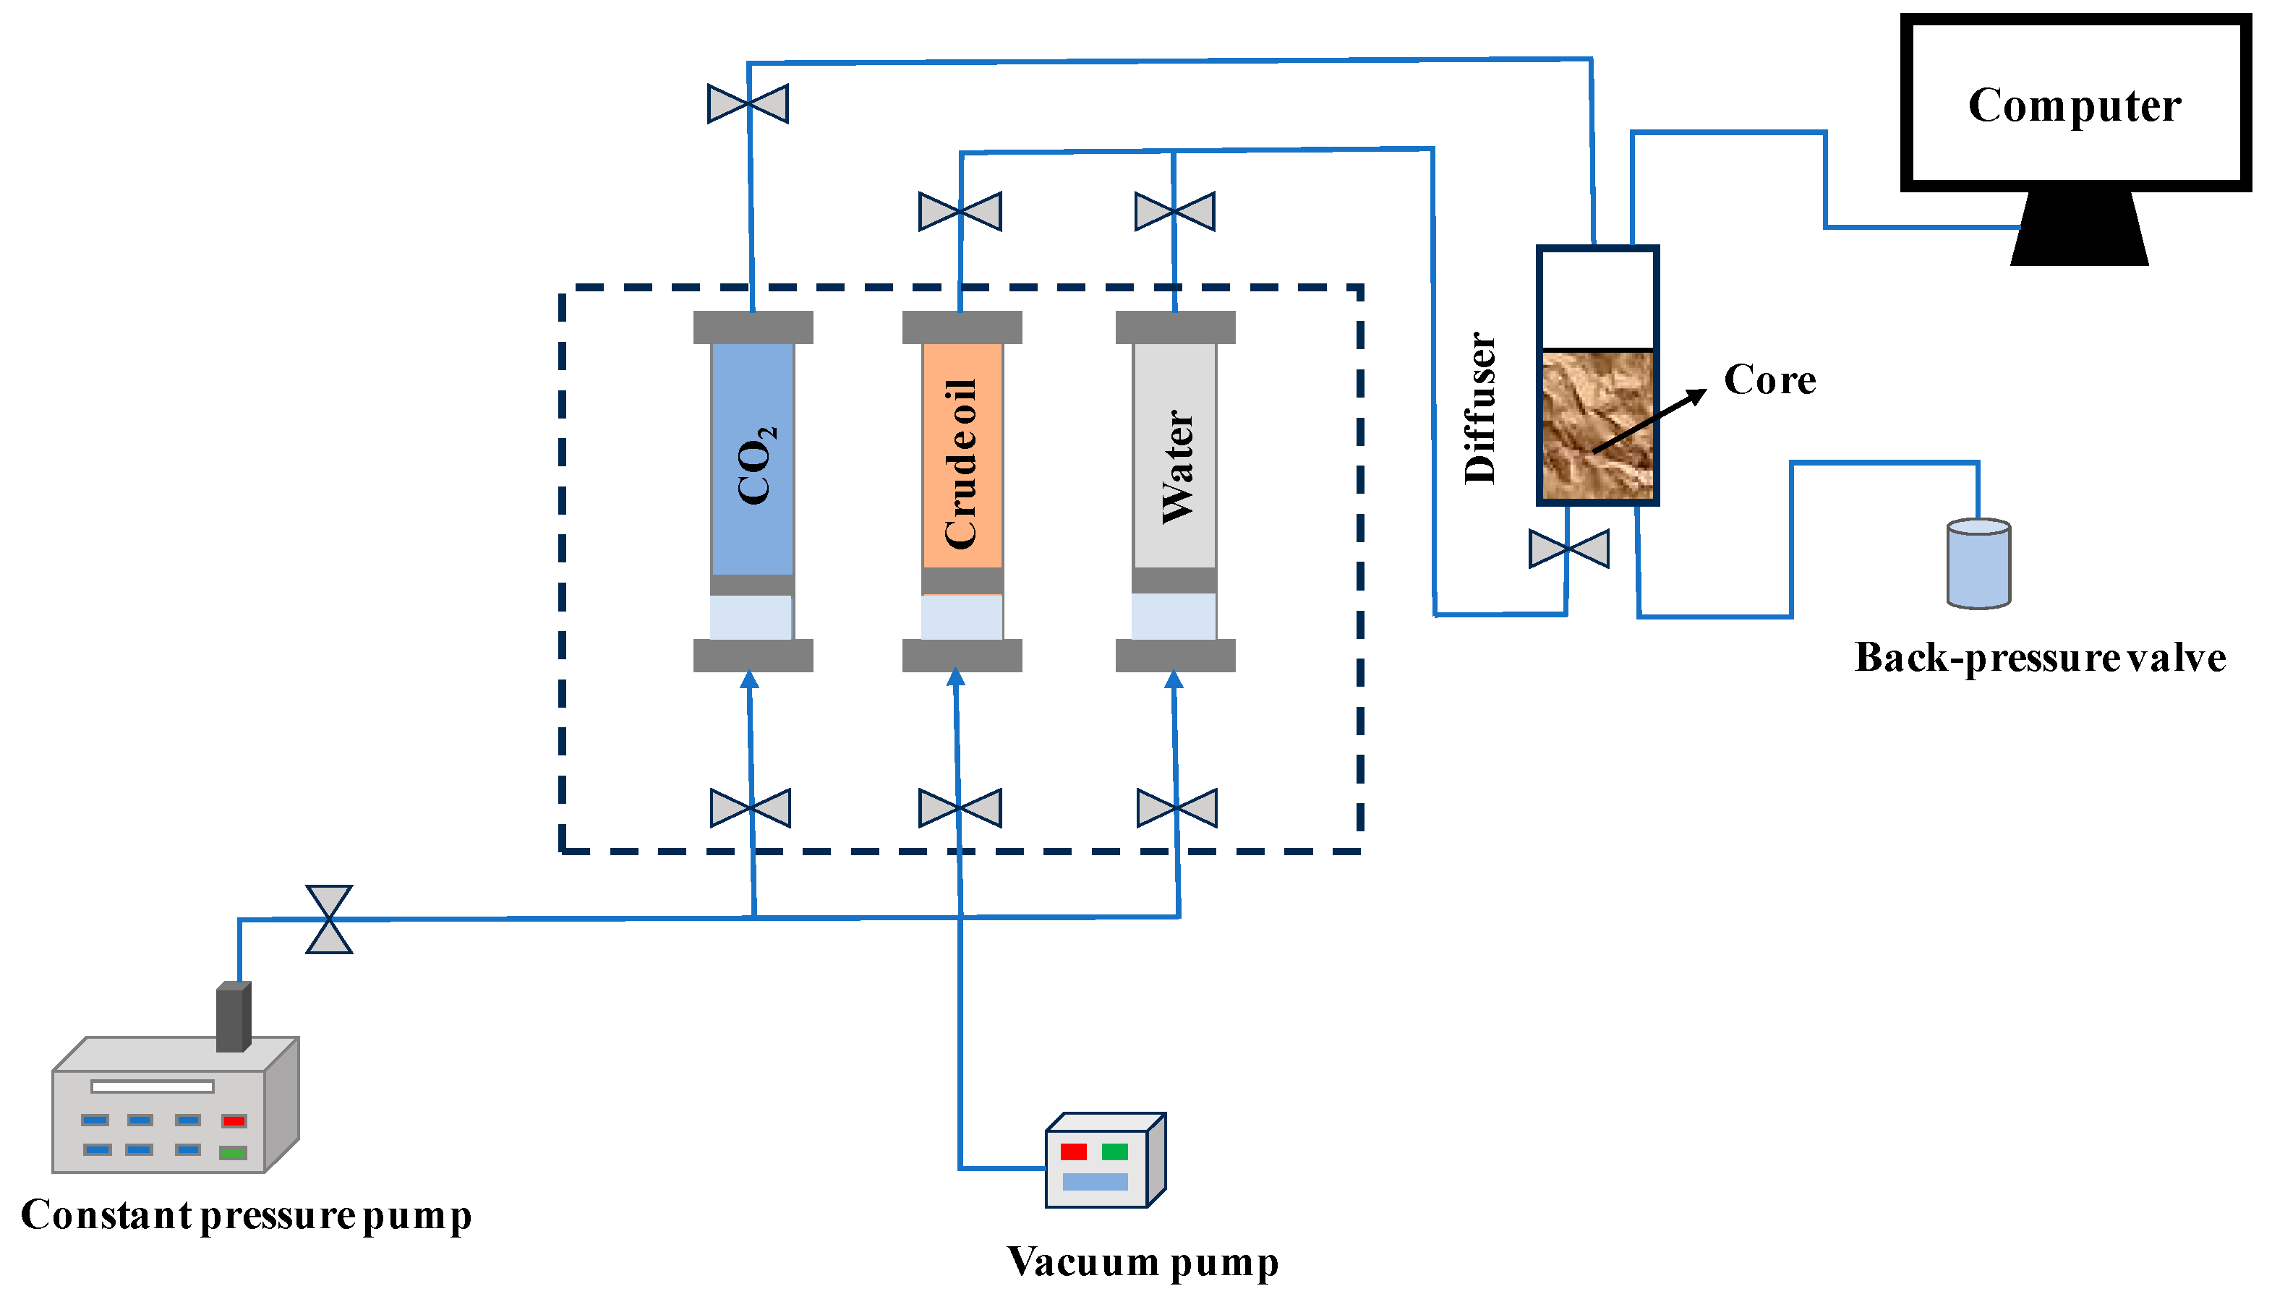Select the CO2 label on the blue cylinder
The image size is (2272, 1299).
tap(756, 465)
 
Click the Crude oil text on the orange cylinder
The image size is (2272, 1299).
tap(961, 464)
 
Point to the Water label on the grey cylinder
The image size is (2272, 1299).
tap(1176, 466)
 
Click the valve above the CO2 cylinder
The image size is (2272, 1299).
tap(748, 103)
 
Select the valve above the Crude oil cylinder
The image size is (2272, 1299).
tap(960, 212)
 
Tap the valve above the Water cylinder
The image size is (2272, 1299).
tap(1174, 212)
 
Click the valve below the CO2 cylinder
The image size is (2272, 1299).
tap(751, 808)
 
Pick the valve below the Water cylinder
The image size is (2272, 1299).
tap(1177, 808)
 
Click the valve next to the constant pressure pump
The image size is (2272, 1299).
tap(329, 919)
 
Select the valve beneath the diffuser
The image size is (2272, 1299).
tap(1569, 549)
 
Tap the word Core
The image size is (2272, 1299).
tap(1769, 380)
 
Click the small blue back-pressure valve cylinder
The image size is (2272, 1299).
tap(1978, 564)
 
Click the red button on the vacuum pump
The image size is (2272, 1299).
tap(1074, 1152)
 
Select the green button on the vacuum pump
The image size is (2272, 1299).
tap(1114, 1152)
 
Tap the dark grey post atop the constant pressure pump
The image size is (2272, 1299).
tap(233, 1016)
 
